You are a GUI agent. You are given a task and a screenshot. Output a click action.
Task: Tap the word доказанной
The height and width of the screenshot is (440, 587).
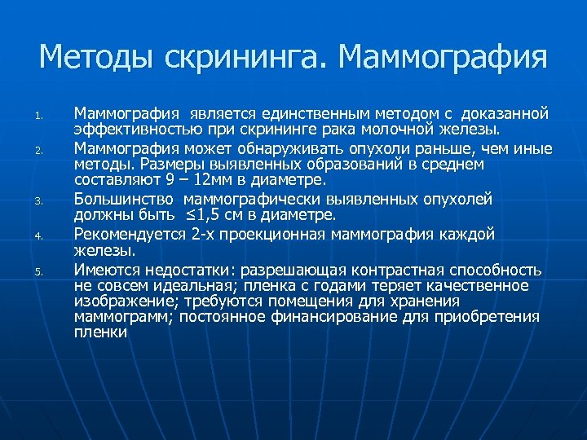[x=509, y=113]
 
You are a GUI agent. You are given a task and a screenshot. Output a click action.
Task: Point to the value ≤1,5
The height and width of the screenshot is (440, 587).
[x=204, y=215]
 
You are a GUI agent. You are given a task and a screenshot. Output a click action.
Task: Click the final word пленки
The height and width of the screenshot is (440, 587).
[x=99, y=332]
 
